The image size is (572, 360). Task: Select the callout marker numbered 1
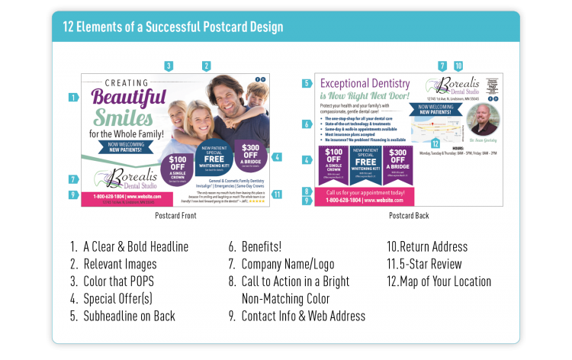(73, 97)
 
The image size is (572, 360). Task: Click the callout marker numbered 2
(206, 66)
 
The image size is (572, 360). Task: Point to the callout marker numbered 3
(169, 66)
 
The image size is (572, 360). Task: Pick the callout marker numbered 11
(277, 194)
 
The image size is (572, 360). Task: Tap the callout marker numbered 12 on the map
(435, 143)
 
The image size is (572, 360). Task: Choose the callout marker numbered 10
(458, 66)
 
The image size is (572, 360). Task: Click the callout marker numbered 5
(307, 83)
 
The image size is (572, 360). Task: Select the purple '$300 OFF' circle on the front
(251, 153)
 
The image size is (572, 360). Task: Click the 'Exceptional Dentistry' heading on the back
(365, 83)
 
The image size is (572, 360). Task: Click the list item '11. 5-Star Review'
(425, 264)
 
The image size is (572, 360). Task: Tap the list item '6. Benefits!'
(255, 246)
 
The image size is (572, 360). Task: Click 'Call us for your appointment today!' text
(365, 192)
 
